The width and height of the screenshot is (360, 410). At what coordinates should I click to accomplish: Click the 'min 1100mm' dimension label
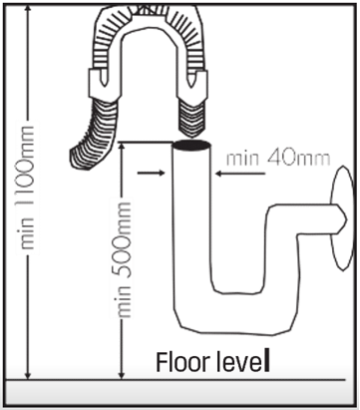(27, 188)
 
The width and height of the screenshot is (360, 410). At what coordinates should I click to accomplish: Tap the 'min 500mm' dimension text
(125, 259)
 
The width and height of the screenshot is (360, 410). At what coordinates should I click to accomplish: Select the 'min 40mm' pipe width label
(278, 159)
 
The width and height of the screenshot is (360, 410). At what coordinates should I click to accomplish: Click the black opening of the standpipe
(192, 145)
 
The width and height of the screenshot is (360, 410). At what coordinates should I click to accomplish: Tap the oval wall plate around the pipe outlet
(341, 218)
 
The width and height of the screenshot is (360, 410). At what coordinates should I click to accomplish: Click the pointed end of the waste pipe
(342, 219)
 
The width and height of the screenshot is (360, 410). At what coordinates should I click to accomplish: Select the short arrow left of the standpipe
(152, 173)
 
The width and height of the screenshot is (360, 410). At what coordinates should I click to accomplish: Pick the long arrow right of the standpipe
(240, 174)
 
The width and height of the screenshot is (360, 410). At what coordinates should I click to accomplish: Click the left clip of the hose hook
(99, 83)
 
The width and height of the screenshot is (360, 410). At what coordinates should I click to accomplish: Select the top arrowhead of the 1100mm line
(29, 10)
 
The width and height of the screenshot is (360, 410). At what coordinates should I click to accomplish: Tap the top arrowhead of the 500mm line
(122, 148)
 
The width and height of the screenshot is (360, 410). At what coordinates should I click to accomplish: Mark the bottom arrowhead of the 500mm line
(122, 373)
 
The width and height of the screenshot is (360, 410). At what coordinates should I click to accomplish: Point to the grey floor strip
(180, 392)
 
